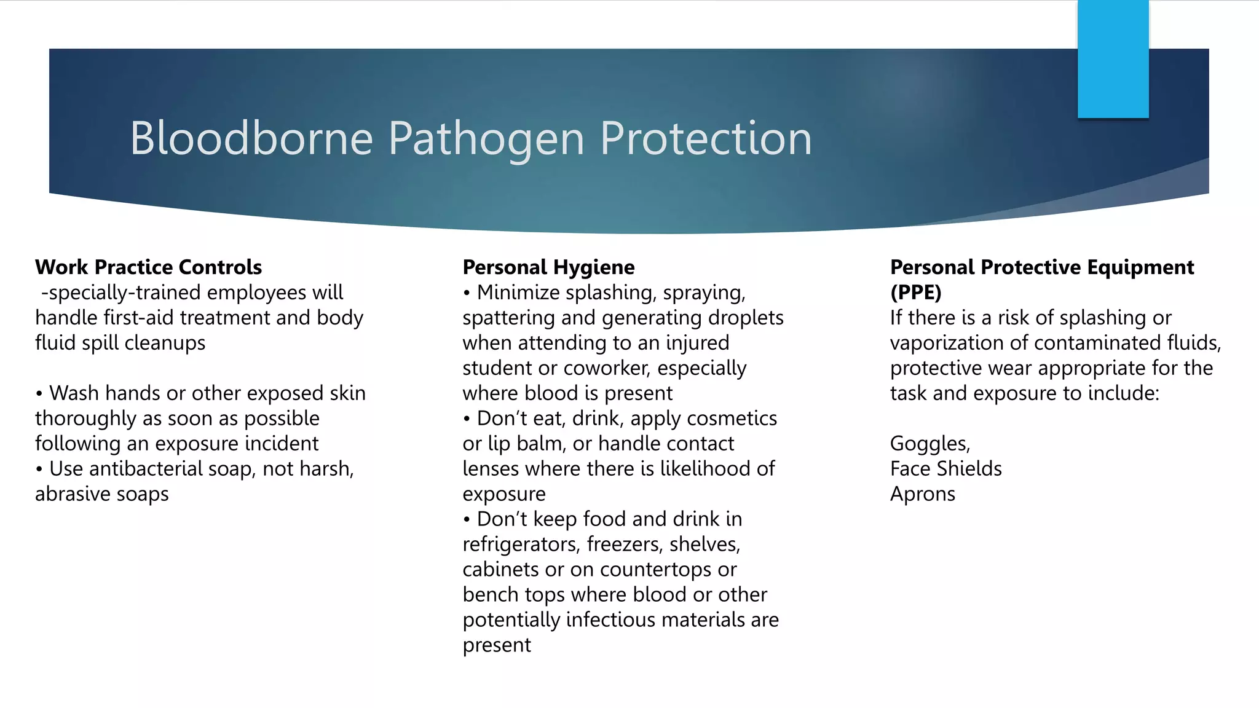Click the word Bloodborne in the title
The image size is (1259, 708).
251,138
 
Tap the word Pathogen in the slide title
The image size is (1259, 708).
486,140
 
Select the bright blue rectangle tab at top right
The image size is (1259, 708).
1113,59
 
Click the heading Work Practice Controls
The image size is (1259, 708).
148,267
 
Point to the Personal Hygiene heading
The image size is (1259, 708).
548,267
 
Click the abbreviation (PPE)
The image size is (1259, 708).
915,293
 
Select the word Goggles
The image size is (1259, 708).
929,444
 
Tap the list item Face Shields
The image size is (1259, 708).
945,469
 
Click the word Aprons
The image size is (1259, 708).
922,494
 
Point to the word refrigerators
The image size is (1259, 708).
521,545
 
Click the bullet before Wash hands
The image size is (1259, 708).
39,394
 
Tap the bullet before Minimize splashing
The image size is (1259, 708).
467,293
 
